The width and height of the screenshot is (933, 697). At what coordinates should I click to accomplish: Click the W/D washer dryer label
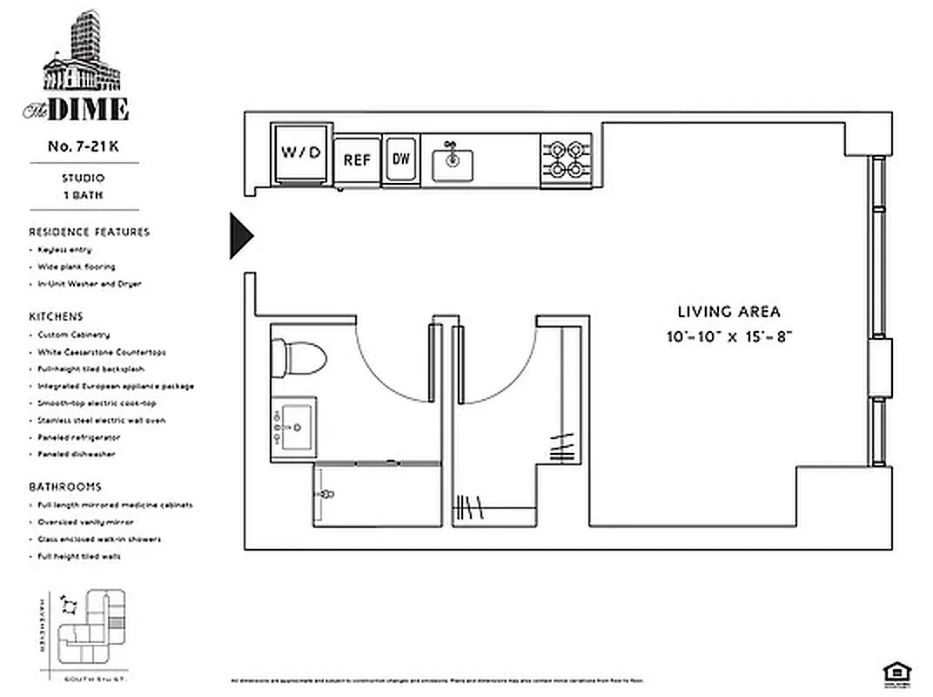point(301,152)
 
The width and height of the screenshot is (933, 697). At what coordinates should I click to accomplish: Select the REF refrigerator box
point(357,160)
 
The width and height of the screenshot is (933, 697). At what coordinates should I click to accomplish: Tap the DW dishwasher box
point(401,159)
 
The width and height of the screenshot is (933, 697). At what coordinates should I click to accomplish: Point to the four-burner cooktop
point(566,159)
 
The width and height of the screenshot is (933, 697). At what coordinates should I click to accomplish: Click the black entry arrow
point(240,235)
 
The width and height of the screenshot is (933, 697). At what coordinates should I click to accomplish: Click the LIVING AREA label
point(728,311)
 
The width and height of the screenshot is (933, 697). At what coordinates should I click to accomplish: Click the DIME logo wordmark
point(87,110)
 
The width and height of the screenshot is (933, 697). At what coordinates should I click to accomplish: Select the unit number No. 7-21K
point(83,147)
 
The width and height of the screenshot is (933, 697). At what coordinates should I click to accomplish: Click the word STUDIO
point(83,179)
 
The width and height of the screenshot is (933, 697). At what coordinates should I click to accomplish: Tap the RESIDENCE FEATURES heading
point(89,232)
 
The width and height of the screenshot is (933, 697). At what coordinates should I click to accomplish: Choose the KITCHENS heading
point(56,317)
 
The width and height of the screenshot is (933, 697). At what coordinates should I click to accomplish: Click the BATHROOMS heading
point(64,487)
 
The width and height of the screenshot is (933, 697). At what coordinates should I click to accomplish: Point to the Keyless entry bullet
point(64,250)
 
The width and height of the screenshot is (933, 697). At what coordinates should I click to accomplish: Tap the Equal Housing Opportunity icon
point(892,670)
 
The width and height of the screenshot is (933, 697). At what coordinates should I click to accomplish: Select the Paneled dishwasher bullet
point(76,454)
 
